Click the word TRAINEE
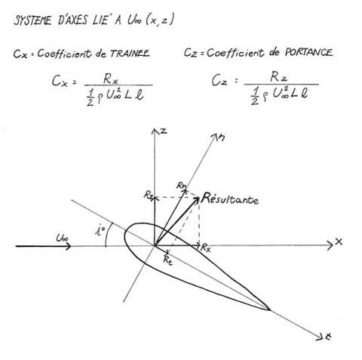(130, 53)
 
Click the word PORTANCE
(308, 52)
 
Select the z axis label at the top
(164, 131)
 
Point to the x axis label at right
(339, 242)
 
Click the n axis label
(221, 137)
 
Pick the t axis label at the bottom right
(328, 337)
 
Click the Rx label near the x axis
(205, 248)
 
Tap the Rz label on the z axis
(149, 195)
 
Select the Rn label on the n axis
(182, 186)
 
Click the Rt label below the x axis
(167, 260)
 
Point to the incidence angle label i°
(100, 230)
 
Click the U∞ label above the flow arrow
(62, 238)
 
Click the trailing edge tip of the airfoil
(270, 310)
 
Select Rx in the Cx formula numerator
(111, 79)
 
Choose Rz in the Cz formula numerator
(278, 77)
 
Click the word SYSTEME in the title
(32, 20)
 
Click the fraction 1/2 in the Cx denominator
(90, 97)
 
